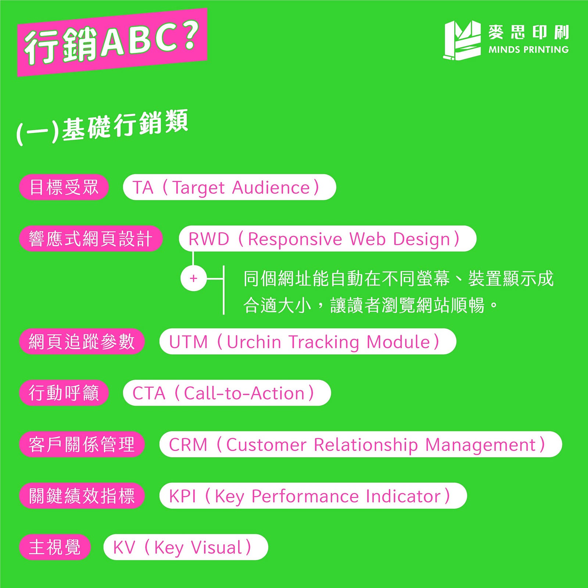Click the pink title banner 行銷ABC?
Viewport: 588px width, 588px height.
coord(112,42)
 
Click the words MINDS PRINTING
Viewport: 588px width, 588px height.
coord(528,50)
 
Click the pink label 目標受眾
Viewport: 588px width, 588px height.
coord(64,187)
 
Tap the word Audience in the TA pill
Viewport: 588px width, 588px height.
coord(271,188)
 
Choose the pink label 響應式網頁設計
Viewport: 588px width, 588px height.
coord(91,239)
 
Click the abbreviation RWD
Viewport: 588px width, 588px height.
coord(209,239)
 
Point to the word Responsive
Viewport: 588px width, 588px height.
coord(295,239)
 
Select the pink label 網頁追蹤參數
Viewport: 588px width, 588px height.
coord(82,342)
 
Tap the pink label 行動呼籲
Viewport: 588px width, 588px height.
coord(64,393)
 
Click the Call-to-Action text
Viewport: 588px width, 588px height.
coord(244,393)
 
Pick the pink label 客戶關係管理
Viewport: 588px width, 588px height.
coord(82,445)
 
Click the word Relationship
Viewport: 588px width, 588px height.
coord(366,445)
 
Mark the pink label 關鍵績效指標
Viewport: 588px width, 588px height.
coord(82,496)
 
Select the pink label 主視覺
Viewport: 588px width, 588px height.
coord(55,548)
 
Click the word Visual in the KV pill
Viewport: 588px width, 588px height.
coord(216,548)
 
